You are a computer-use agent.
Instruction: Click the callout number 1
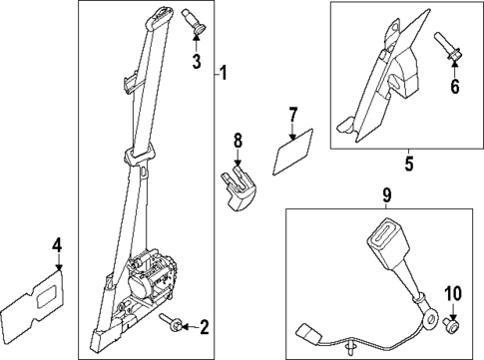225,74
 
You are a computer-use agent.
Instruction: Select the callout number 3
197,64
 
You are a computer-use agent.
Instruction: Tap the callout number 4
58,243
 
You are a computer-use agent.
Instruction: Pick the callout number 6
455,86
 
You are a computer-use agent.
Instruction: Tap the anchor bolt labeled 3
194,22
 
